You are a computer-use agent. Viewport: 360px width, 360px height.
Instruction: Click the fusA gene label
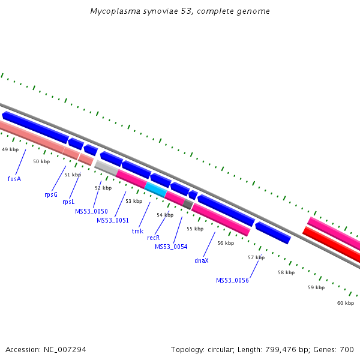click(14, 178)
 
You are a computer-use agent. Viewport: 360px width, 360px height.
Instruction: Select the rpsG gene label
click(50, 194)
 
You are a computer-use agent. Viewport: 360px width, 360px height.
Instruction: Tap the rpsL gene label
click(68, 202)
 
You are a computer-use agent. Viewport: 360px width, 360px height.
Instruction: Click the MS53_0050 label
click(91, 211)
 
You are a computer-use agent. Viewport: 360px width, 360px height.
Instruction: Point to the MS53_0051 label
click(113, 220)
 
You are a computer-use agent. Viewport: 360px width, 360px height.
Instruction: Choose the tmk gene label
click(137, 231)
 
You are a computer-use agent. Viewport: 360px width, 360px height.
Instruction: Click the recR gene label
click(154, 238)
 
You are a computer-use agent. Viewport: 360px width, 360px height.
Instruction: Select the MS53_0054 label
click(171, 247)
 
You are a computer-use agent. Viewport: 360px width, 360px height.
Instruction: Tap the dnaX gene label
click(202, 260)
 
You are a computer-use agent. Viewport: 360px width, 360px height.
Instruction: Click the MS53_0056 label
click(232, 280)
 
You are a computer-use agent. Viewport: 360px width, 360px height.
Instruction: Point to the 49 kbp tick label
click(10, 149)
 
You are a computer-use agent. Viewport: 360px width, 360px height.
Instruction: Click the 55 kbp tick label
click(195, 229)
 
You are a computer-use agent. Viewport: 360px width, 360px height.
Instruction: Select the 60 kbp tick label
click(346, 303)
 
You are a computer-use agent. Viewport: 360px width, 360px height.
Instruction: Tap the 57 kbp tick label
click(256, 257)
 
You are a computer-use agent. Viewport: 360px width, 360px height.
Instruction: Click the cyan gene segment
click(155, 190)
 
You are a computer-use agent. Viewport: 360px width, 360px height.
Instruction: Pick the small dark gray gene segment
click(188, 205)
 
